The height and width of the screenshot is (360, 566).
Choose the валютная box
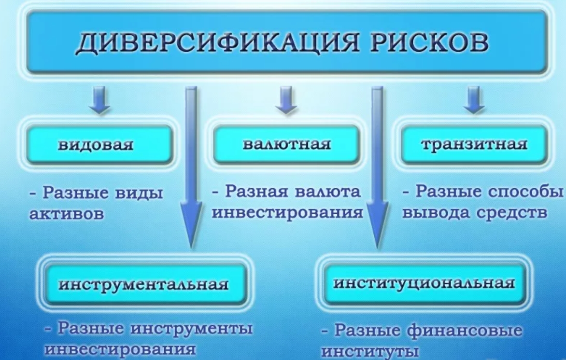(286, 144)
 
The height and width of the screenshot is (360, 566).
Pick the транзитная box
(474, 144)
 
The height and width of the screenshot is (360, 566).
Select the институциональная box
(424, 283)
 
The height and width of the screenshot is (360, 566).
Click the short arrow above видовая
(99, 100)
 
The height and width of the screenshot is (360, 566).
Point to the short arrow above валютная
(286, 100)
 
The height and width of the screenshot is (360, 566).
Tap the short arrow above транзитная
(474, 100)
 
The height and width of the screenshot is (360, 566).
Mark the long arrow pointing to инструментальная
(191, 168)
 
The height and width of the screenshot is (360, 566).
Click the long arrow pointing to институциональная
(378, 168)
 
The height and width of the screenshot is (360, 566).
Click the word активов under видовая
(67, 214)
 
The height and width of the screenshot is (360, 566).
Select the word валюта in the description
(328, 191)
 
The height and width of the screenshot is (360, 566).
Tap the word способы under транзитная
(525, 192)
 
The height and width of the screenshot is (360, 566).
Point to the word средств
(511, 212)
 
